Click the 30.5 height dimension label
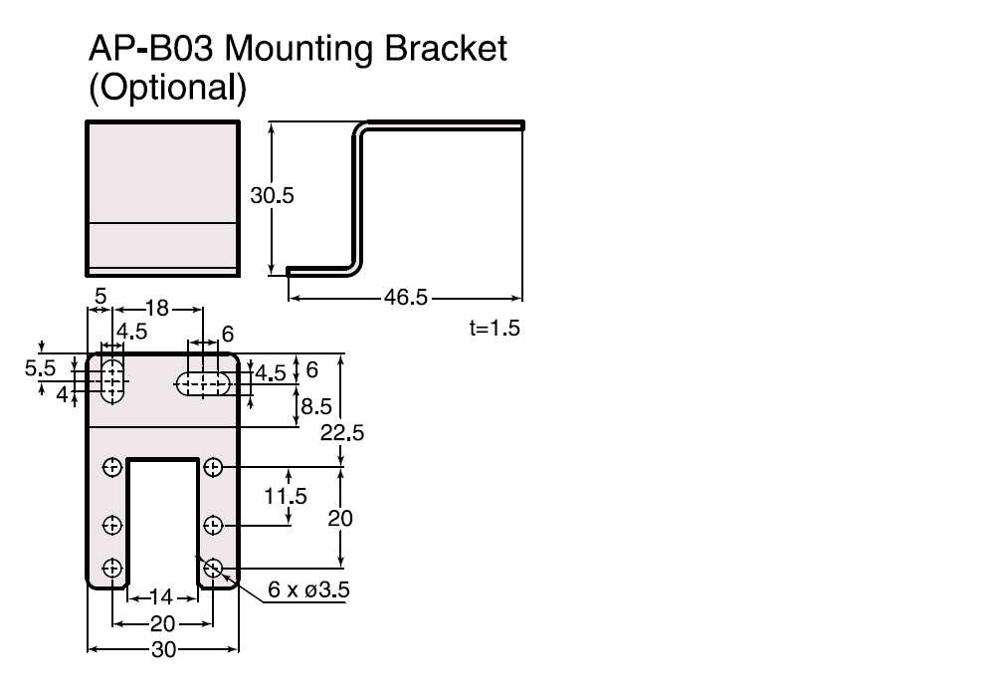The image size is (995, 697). coord(272,196)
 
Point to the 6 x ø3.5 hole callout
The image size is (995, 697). coord(308,590)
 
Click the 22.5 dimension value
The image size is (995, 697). coord(340,432)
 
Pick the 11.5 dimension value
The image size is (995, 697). coord(287,495)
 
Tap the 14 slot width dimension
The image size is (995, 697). coord(161,597)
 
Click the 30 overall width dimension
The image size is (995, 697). coord(162,649)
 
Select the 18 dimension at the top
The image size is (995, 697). coord(157,308)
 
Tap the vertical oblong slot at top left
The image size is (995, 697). coord(112,378)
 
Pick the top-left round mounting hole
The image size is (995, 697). coord(112,466)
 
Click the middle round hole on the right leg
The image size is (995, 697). coord(212,524)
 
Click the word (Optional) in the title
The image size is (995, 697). coord(166,88)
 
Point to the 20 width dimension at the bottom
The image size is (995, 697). coord(162,623)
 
